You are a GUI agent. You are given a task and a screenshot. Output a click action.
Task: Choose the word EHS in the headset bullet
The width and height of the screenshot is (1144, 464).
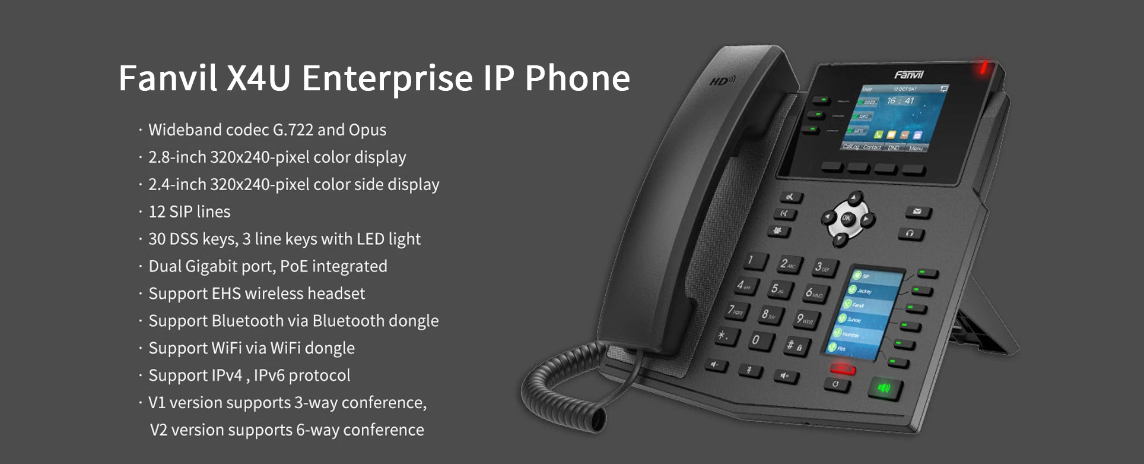point(226,293)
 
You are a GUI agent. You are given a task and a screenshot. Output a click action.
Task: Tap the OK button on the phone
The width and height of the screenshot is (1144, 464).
point(847,219)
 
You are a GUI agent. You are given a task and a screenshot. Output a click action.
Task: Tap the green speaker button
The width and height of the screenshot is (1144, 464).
point(885,389)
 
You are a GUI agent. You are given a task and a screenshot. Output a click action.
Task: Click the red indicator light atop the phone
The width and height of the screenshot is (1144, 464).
point(983,68)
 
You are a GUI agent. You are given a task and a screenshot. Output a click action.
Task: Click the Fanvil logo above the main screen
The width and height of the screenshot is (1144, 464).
point(908,75)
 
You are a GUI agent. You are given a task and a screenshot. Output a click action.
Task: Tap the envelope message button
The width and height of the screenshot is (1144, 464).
point(918,212)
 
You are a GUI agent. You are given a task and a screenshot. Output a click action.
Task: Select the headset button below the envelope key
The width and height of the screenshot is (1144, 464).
point(911,233)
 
